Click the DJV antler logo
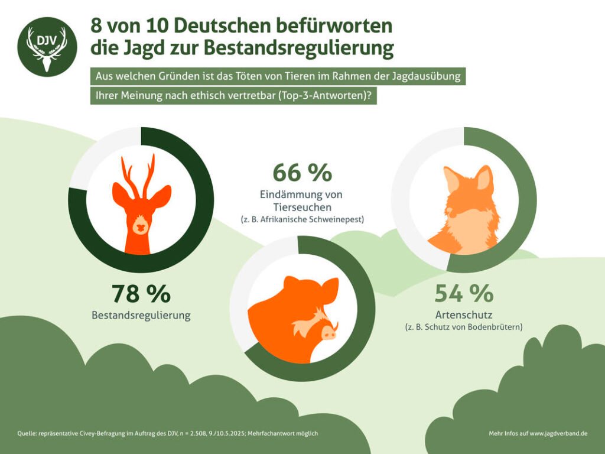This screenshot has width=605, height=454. [x=47, y=47]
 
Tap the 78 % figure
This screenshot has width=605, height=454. [x=141, y=293]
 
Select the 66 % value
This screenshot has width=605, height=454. [x=302, y=172]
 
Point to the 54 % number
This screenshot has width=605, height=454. [x=464, y=293]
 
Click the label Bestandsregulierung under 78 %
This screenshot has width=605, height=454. [x=141, y=315]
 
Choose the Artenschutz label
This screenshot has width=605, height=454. [x=463, y=314]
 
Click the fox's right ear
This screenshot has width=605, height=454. [x=484, y=177]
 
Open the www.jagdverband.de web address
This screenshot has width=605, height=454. [x=558, y=433]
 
